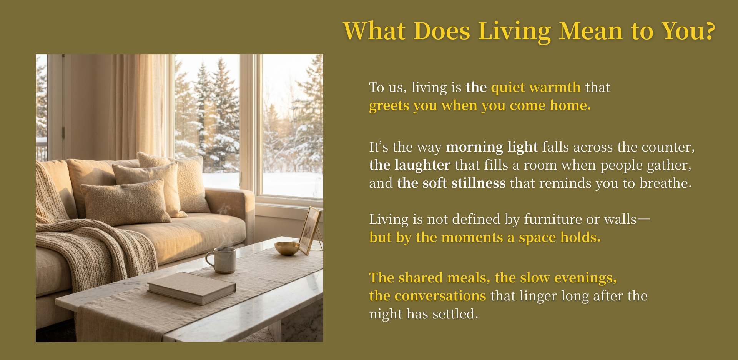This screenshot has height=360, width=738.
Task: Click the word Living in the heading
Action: coord(514,32)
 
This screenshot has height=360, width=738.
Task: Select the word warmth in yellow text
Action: coord(555,87)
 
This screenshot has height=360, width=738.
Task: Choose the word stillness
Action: coord(478,183)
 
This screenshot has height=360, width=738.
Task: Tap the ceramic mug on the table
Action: coord(222,260)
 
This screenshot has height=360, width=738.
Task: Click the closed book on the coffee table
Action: coord(191,288)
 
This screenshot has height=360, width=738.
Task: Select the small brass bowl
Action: coord(287,248)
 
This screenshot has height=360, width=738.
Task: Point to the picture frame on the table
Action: coord(310,231)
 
